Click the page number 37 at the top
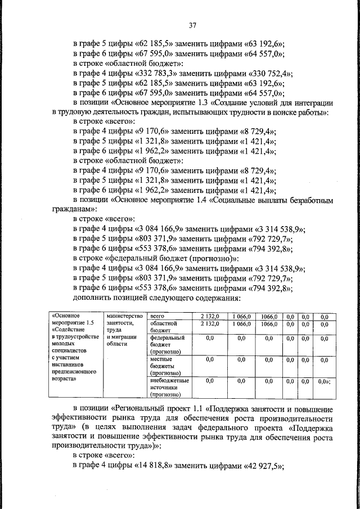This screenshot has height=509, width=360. (192, 25)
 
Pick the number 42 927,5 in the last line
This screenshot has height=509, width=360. (264, 466)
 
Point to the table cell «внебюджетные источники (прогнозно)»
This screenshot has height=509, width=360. (169, 387)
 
